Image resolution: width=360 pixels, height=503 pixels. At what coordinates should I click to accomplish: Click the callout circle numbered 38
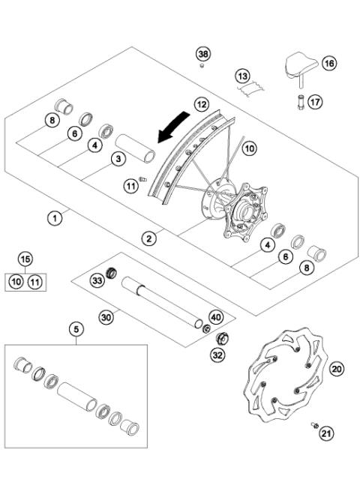tap(203, 53)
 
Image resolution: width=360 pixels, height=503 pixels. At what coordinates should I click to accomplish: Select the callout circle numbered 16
tap(328, 64)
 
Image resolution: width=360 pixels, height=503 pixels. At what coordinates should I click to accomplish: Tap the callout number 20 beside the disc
tap(337, 368)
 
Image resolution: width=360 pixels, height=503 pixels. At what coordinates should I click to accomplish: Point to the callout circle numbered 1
tap(54, 218)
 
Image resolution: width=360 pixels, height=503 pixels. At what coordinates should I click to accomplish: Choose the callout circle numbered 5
tap(75, 328)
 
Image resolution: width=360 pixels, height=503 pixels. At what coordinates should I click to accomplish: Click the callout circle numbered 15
tap(25, 259)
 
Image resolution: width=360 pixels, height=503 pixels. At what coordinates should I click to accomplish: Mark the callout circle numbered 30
tap(106, 317)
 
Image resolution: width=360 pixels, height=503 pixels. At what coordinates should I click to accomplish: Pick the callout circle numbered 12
tap(200, 104)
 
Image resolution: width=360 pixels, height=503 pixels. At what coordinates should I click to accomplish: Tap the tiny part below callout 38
tap(203, 67)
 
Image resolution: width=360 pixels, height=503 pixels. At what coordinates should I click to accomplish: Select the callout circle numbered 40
tap(216, 316)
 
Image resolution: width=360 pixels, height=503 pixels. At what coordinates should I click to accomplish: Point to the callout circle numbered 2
tap(150, 238)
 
